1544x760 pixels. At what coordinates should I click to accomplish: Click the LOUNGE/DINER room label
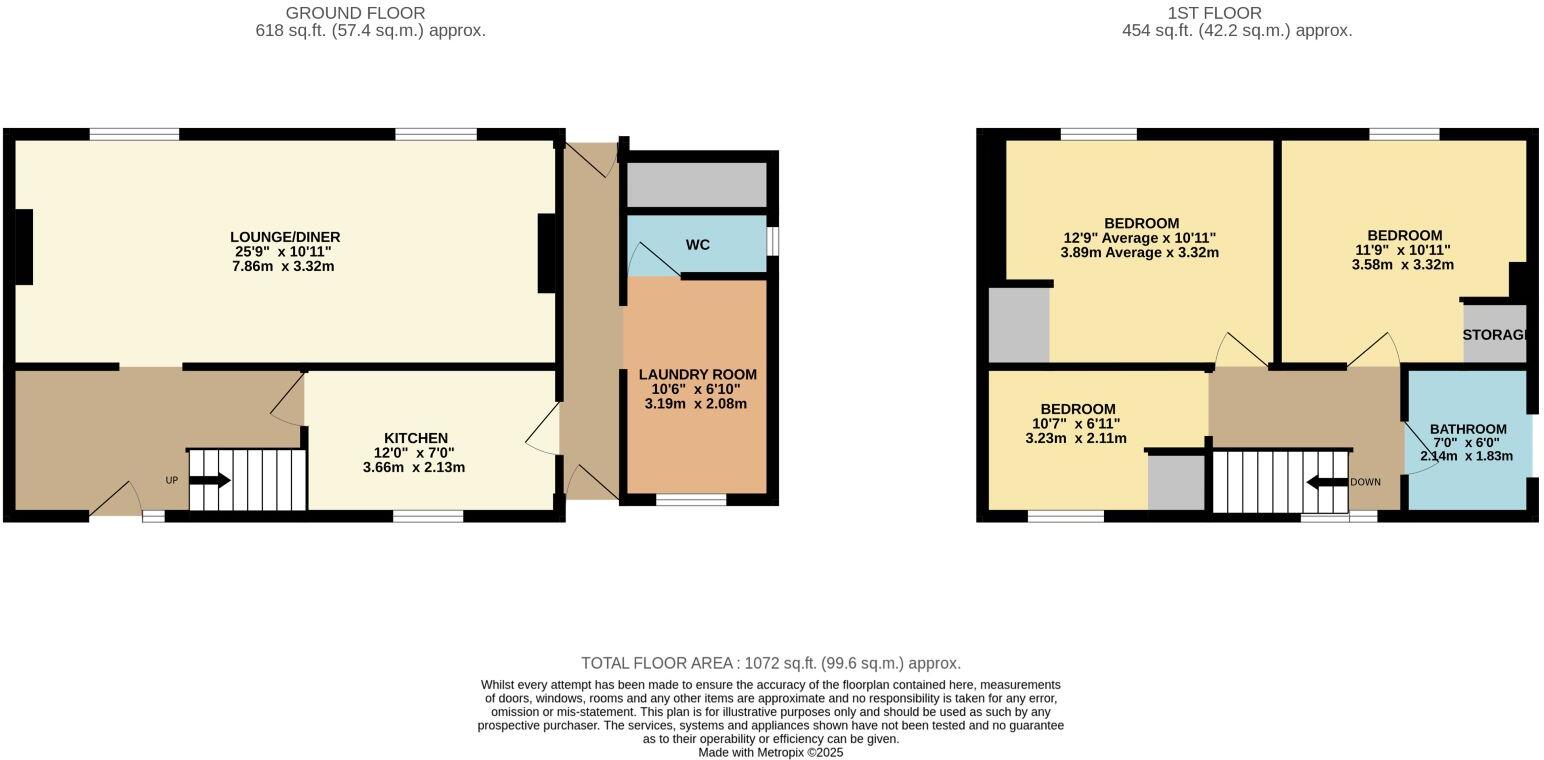285,237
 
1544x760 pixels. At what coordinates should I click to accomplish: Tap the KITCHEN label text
415,438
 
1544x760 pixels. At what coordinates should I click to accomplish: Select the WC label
698,245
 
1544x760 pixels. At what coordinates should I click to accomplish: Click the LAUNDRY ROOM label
698,374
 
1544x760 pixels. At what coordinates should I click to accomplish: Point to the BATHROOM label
1467,429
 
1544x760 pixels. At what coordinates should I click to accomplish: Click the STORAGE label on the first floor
1494,335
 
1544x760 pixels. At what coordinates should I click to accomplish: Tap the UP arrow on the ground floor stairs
209,481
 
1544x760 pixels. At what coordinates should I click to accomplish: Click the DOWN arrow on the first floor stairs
1327,482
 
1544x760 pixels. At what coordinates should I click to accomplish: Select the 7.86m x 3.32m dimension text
285,267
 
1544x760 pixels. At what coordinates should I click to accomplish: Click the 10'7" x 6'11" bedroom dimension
1076,424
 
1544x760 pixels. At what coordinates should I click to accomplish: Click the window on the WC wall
773,241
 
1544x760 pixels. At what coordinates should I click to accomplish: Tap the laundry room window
691,499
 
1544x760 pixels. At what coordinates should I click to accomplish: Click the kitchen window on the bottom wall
428,516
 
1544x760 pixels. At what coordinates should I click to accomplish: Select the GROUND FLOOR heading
355,13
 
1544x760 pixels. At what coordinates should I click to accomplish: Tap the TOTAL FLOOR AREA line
771,663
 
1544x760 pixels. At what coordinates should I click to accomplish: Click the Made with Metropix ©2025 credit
771,753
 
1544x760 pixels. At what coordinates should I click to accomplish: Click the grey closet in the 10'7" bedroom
1176,483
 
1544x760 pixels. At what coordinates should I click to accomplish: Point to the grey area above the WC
696,185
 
